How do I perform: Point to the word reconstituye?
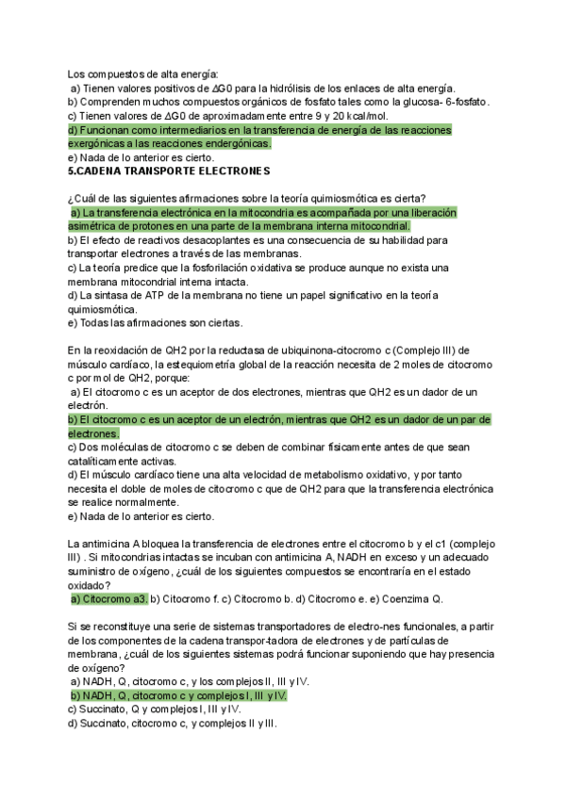113,626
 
